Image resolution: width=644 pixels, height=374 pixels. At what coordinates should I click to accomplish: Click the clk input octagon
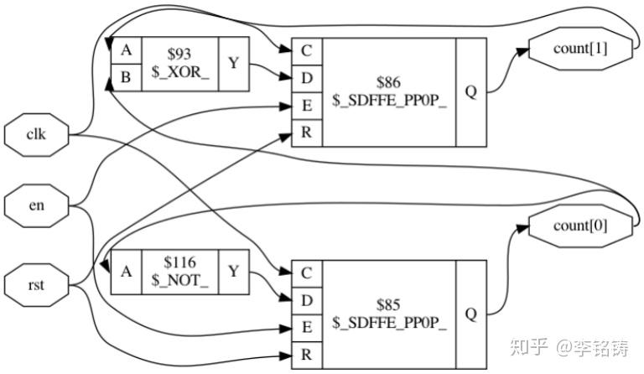point(37,135)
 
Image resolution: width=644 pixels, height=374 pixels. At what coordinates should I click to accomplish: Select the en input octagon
point(37,205)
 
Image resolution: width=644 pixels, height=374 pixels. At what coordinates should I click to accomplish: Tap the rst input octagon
point(37,285)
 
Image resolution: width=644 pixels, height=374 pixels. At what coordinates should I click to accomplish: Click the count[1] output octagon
point(580,49)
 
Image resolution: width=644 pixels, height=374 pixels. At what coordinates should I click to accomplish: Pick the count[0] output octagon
point(580,226)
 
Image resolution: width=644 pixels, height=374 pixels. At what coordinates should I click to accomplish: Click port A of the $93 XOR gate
point(126,50)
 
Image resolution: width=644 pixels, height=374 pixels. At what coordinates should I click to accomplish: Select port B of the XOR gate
point(126,77)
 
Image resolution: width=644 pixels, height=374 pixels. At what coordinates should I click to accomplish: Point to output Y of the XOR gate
point(234,64)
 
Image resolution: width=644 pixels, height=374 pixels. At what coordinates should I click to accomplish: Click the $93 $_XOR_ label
point(180,63)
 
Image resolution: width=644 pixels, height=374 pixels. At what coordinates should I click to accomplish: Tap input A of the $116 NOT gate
point(126,272)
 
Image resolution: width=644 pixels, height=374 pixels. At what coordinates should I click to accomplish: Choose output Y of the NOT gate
point(234,272)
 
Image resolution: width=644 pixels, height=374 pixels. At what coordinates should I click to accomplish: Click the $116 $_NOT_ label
point(180,272)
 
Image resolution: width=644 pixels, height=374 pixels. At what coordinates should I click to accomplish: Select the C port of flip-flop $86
point(307,51)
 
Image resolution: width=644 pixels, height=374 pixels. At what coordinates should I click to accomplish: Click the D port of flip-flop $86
point(307,79)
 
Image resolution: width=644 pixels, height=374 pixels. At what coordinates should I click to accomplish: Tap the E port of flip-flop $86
point(307,106)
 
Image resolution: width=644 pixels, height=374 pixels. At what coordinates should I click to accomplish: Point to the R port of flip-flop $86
point(307,133)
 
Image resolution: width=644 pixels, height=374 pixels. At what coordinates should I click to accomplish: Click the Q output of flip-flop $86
point(471,92)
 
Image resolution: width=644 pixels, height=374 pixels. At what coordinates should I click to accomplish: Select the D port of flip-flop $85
point(307,301)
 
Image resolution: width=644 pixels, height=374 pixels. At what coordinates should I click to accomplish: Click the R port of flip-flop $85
point(307,355)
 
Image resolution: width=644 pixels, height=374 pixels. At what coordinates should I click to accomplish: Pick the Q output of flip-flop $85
point(471,314)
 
